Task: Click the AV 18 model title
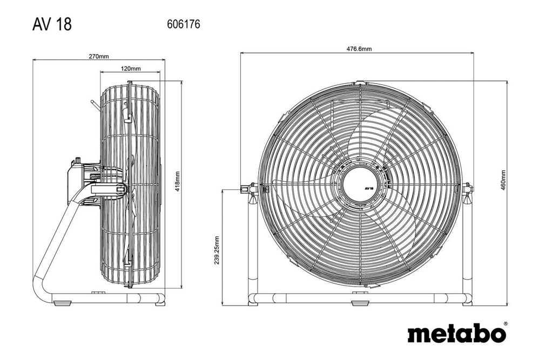coord(52,24)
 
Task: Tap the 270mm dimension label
coord(98,56)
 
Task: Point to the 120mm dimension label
coord(130,69)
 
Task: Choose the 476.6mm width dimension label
coord(359,49)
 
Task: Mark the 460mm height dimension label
coord(503,181)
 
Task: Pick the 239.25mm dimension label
coord(217,251)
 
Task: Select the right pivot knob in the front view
coord(468,188)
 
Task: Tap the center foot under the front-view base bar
coord(358,302)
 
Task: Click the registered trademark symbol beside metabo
coord(505,324)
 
